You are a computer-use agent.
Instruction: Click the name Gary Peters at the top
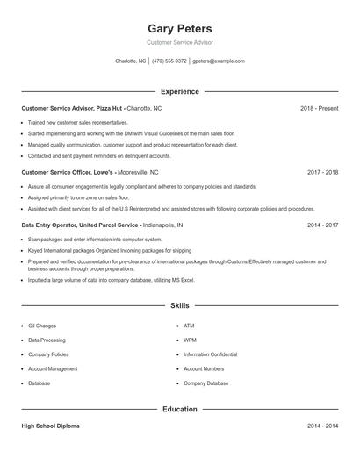pyautogui.click(x=180, y=29)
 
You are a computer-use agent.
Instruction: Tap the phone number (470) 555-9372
pyautogui.click(x=169, y=61)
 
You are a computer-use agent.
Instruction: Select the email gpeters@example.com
pyautogui.click(x=218, y=61)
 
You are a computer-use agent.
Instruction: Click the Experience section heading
pyautogui.click(x=180, y=91)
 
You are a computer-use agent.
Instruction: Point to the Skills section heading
pyautogui.click(x=180, y=305)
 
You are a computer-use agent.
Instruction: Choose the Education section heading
pyautogui.click(x=180, y=409)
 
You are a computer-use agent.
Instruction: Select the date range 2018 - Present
pyautogui.click(x=319, y=108)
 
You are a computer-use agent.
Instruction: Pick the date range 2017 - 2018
pyautogui.click(x=322, y=173)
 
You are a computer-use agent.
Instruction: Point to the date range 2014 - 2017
pyautogui.click(x=322, y=225)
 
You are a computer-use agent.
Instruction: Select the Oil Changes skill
pyautogui.click(x=42, y=325)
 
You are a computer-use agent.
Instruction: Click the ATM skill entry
pyautogui.click(x=189, y=325)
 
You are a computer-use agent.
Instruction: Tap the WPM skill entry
pyautogui.click(x=190, y=340)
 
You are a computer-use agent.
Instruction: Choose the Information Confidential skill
pyautogui.click(x=211, y=354)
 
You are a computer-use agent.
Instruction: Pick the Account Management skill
pyautogui.click(x=53, y=368)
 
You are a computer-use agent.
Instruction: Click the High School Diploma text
pyautogui.click(x=50, y=426)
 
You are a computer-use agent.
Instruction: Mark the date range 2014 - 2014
pyautogui.click(x=322, y=426)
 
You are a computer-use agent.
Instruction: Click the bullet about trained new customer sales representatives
pyautogui.click(x=77, y=122)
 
